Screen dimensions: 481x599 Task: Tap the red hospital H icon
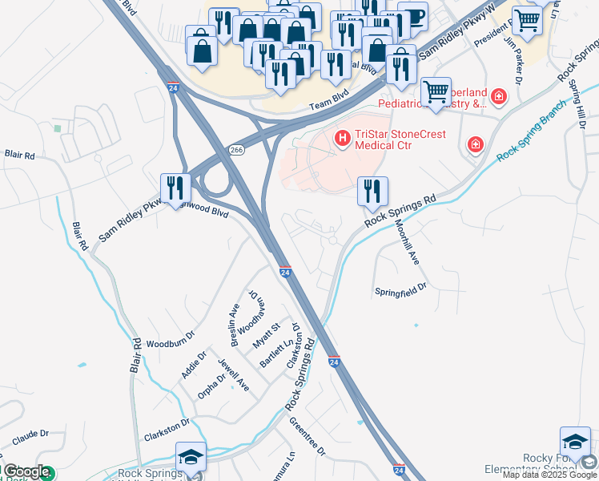(x=343, y=139)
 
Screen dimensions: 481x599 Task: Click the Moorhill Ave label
(x=409, y=244)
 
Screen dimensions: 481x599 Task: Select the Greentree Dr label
(x=308, y=438)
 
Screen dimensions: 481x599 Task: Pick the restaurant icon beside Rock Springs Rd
(x=372, y=190)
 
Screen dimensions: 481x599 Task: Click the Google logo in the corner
(x=26, y=472)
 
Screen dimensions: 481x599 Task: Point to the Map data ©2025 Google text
(x=549, y=475)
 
